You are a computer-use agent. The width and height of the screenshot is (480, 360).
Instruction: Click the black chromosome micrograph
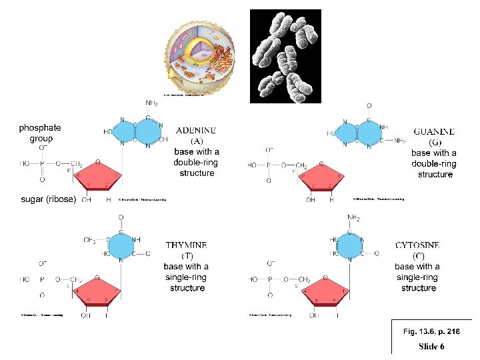(285, 56)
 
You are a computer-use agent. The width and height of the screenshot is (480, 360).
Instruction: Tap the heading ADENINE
(197, 130)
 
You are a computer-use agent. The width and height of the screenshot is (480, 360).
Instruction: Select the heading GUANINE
(435, 131)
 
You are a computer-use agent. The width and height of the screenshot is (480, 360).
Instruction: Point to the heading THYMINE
(186, 245)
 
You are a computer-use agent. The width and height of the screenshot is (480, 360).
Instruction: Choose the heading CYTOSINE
(417, 245)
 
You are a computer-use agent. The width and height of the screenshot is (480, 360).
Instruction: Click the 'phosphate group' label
(40, 133)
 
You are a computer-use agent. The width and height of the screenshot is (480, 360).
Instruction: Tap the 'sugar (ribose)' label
(48, 199)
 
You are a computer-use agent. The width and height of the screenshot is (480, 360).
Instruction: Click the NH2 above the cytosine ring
(355, 218)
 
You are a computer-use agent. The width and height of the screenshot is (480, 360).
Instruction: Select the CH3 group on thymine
(90, 240)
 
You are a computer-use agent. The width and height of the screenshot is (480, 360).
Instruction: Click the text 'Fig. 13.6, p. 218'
(432, 331)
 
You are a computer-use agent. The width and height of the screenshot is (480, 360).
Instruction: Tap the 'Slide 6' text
(431, 346)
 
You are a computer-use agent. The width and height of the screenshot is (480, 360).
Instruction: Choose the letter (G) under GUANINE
(434, 142)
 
